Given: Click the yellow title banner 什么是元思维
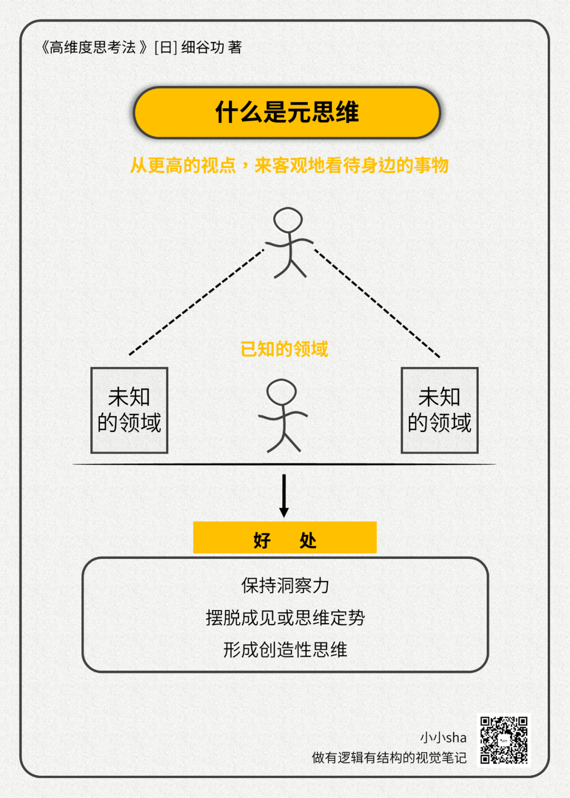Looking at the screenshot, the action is pos(287,112).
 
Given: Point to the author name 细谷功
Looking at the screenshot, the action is pos(203,47).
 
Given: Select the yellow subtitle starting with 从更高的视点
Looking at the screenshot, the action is pos(289,165).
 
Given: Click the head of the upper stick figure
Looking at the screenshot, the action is pos(288,220).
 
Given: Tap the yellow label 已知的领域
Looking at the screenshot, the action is pos(284,349).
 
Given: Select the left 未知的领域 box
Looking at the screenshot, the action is pos(129,410).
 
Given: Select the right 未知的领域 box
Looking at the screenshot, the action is pos(440,410).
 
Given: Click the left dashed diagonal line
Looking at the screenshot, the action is pos(196,302).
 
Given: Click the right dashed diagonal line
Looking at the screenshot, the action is pos(377,303).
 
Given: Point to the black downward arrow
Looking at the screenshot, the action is pos(284,496).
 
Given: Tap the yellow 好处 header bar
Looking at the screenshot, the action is pos(284,538).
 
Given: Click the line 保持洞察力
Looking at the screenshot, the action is pos(285,585).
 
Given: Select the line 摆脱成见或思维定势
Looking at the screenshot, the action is pos(285,617).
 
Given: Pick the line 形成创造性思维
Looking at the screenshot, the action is pos(285,650).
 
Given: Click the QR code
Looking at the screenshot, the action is pos(503,740).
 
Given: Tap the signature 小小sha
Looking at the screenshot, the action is pos(443,737).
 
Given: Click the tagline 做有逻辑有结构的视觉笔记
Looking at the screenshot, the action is pos(389,758).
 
